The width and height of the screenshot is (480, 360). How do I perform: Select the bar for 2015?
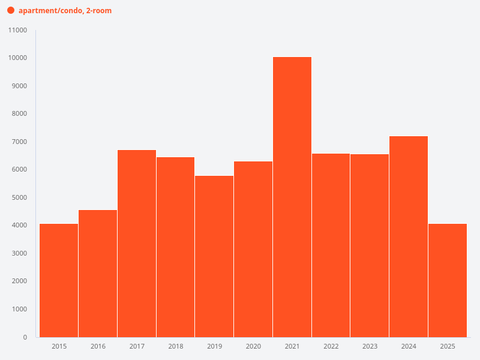(59, 280)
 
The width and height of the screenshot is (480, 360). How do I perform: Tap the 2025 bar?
(448, 280)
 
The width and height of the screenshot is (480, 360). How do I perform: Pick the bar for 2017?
(137, 243)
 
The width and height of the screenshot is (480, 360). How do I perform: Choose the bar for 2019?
(214, 256)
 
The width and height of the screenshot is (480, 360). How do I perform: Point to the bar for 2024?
(409, 236)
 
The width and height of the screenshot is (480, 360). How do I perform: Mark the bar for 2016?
(98, 273)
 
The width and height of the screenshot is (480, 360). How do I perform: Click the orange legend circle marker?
(10, 11)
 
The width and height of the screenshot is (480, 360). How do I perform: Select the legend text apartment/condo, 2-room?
(65, 11)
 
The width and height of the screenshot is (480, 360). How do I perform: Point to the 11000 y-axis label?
(17, 30)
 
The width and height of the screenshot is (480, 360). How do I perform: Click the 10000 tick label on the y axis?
(17, 58)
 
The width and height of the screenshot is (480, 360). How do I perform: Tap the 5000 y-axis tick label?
(19, 197)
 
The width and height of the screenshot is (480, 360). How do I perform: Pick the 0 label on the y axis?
(25, 337)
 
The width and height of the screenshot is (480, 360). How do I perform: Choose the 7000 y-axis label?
(19, 142)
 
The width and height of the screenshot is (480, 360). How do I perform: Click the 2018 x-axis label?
(176, 346)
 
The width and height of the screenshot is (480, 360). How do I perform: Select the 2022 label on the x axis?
(331, 346)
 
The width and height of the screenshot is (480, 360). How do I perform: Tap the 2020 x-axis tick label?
(253, 346)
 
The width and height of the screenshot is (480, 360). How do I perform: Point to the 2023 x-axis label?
(370, 346)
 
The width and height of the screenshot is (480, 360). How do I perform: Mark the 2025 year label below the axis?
(448, 346)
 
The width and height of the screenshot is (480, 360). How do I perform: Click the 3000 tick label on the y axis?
(19, 253)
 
